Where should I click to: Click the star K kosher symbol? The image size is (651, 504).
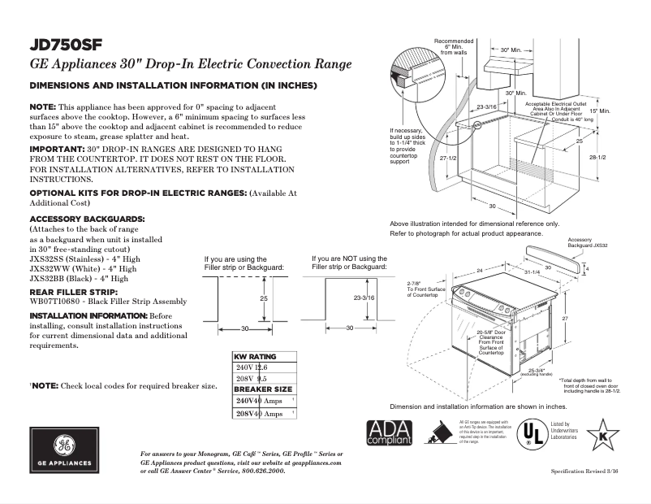(x=602, y=432)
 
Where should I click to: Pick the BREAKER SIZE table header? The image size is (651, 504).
(x=263, y=389)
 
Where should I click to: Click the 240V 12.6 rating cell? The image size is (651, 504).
(x=252, y=367)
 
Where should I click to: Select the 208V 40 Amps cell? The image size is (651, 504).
(x=259, y=414)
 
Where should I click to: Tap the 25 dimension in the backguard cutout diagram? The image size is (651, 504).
(x=263, y=299)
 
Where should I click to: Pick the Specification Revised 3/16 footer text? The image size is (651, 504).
(x=584, y=471)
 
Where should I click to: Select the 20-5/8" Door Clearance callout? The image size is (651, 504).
(x=491, y=342)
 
